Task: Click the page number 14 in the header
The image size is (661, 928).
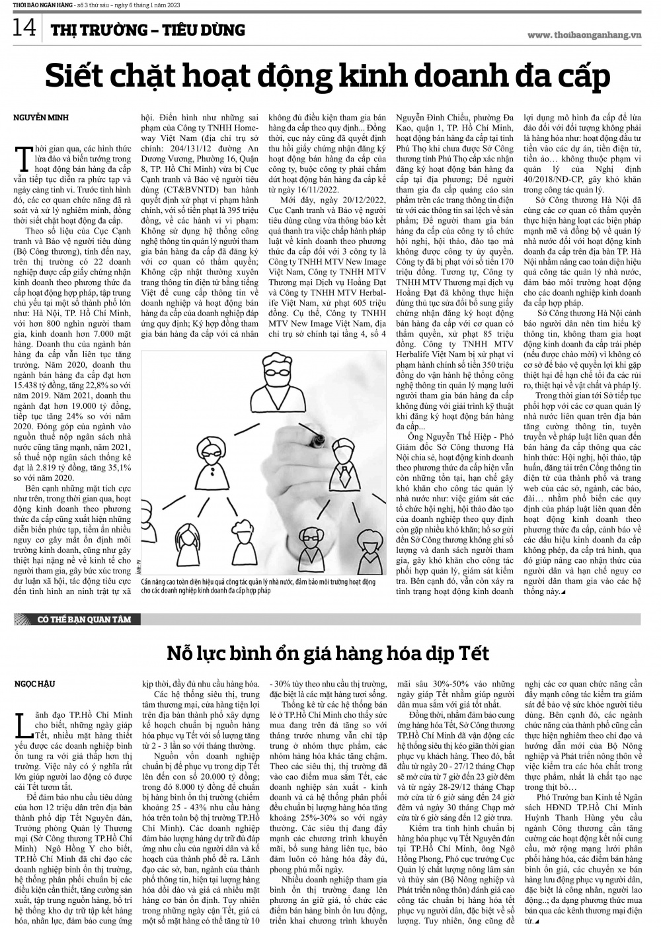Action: point(24,28)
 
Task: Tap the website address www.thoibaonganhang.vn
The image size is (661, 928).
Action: point(589,34)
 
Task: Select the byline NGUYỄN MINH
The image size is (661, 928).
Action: point(41,117)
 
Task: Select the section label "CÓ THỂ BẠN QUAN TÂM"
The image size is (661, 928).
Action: point(74,620)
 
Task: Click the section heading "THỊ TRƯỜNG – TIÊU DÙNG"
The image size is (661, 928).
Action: point(148,30)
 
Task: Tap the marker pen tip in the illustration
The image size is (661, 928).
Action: point(319,438)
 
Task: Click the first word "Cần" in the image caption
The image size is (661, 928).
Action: point(147,581)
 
